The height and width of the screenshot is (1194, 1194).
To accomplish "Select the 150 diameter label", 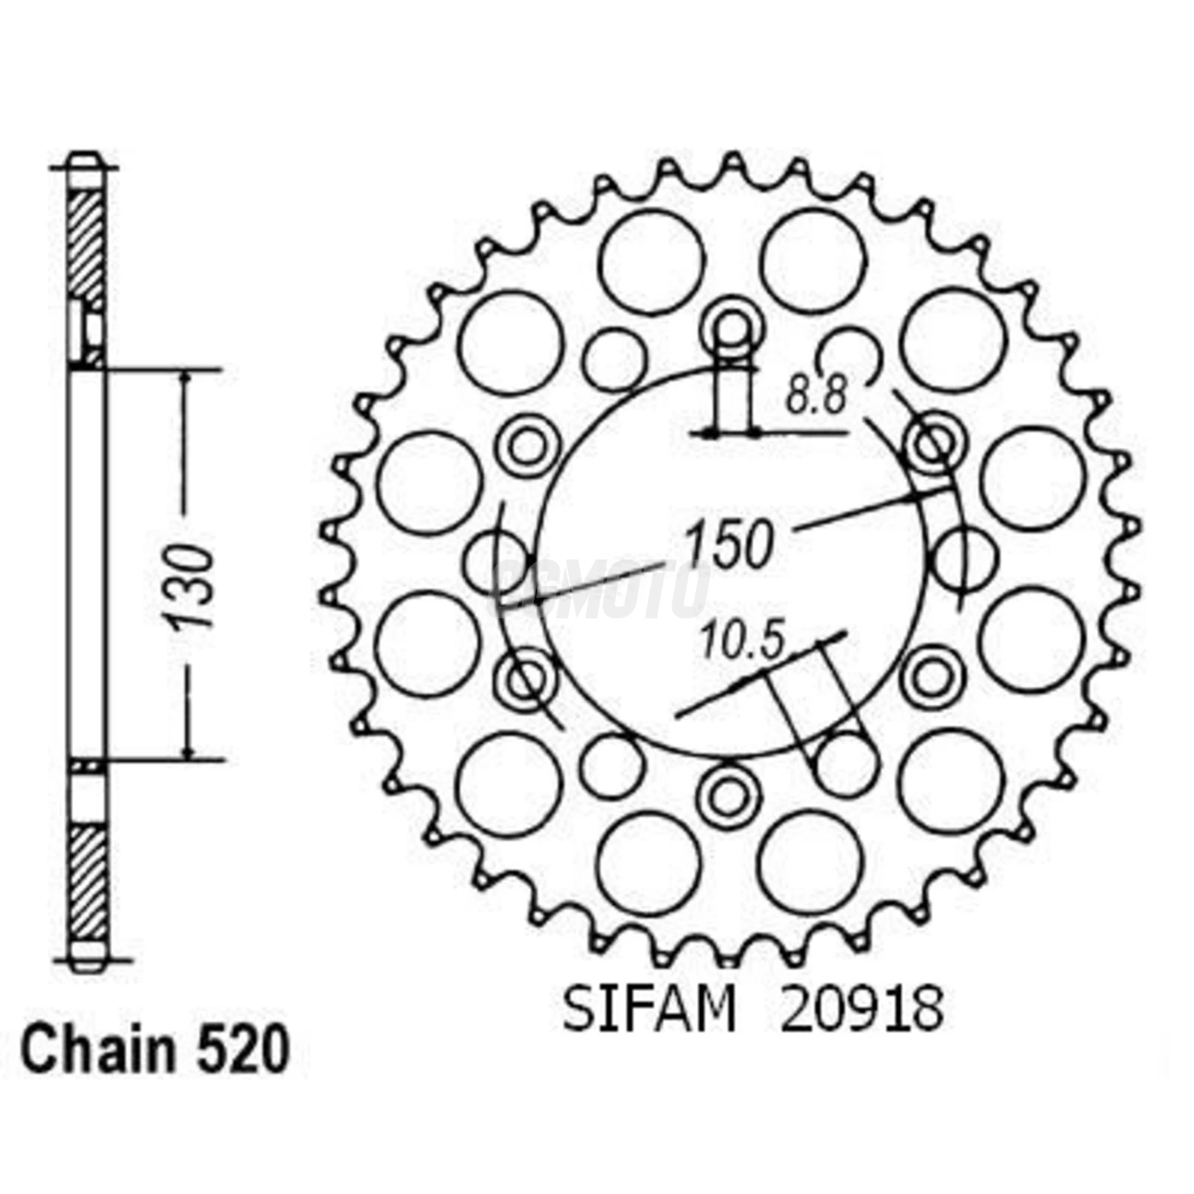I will coord(730,544).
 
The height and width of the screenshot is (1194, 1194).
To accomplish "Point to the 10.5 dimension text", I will coord(740,640).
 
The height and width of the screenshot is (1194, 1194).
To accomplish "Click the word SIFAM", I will coord(648,1010).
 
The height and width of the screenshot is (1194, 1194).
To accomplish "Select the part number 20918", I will coord(861,1010).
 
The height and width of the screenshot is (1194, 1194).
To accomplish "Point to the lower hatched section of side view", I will coord(87,883).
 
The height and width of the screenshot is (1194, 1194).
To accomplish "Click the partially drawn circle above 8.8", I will coord(850,354).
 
